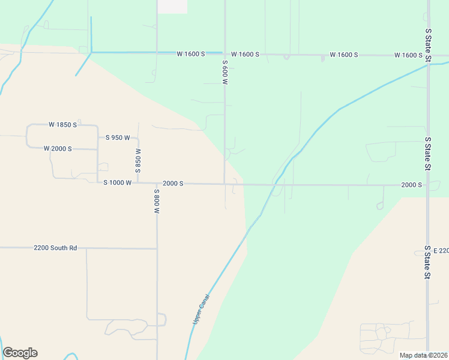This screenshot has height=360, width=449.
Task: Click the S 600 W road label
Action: (225, 72)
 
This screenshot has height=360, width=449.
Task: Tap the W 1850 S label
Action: (62, 125)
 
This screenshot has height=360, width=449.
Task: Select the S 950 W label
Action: (118, 138)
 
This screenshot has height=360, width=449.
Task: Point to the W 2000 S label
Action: (58, 149)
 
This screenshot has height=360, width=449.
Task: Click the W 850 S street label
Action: (138, 161)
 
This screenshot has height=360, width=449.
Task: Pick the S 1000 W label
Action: (117, 182)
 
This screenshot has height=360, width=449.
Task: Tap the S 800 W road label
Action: (157, 202)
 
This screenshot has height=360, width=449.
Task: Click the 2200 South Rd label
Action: (56, 248)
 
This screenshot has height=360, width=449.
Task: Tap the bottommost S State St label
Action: (428, 262)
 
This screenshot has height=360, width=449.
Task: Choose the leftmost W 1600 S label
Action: (191, 54)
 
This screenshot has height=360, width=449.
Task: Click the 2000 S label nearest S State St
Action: (412, 185)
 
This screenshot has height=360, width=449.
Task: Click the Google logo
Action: (20, 353)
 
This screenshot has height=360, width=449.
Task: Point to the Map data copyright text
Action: (423, 355)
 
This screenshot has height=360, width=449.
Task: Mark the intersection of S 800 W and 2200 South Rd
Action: (157, 248)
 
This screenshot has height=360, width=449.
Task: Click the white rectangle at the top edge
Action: (172, 7)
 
